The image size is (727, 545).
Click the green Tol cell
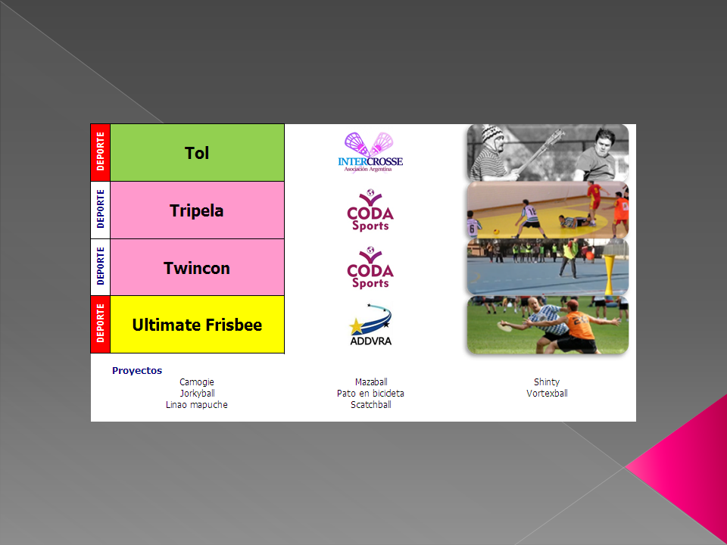(x=197, y=152)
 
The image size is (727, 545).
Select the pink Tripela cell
(x=197, y=210)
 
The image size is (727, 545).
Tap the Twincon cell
(x=197, y=267)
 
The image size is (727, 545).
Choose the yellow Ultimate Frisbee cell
(x=197, y=325)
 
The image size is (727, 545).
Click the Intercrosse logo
(x=370, y=152)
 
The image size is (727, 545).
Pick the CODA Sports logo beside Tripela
(x=370, y=210)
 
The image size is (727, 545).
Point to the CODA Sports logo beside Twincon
(x=370, y=267)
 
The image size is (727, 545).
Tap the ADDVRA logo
(x=370, y=325)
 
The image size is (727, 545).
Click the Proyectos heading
(x=137, y=370)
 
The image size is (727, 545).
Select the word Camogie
(x=197, y=381)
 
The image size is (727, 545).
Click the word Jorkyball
(x=197, y=393)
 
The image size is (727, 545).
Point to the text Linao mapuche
(x=197, y=404)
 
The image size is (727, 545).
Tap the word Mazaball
(x=371, y=381)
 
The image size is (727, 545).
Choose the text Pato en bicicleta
(x=370, y=393)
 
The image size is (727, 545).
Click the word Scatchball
(x=371, y=404)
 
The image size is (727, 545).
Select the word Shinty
(x=547, y=381)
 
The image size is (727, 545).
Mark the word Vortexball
(x=547, y=393)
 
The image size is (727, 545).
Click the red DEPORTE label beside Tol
(x=100, y=152)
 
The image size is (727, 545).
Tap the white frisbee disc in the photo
(x=505, y=327)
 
